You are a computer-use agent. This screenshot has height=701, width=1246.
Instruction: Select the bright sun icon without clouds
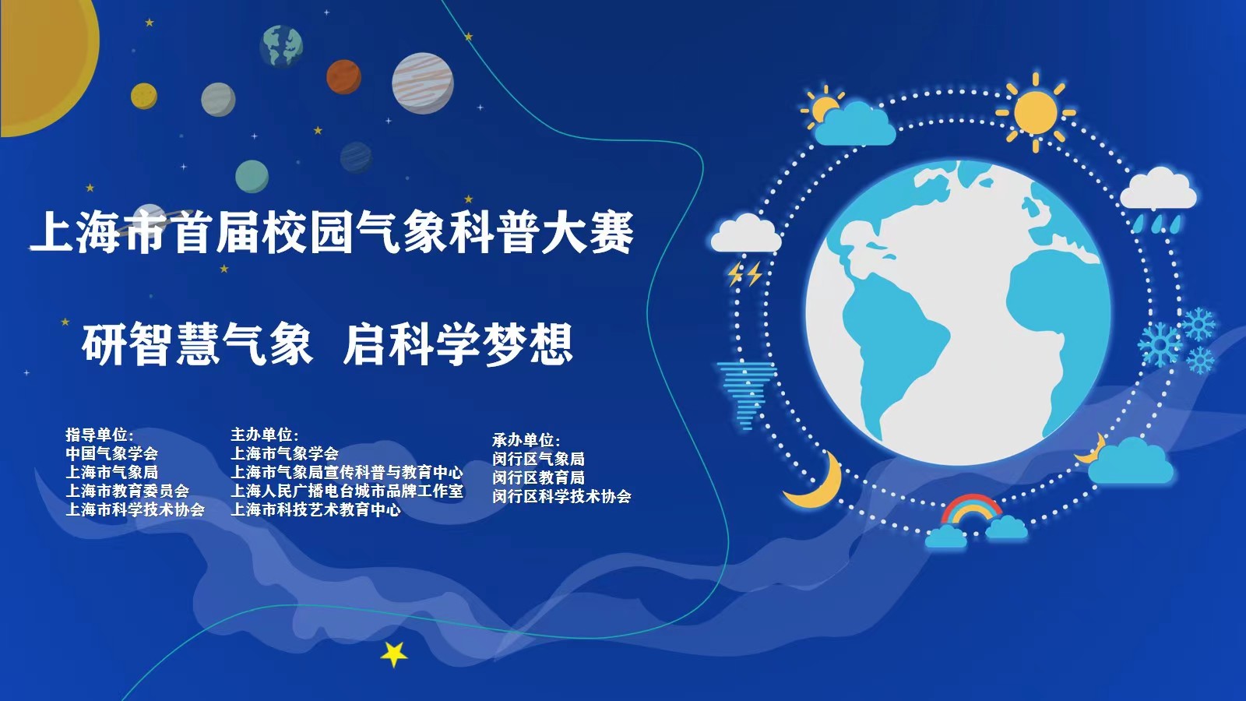[1035, 111]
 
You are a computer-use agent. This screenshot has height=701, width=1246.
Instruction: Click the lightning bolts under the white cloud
[744, 274]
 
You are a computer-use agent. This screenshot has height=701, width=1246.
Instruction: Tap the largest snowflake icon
[1160, 343]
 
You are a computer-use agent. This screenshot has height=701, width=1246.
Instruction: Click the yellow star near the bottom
[394, 653]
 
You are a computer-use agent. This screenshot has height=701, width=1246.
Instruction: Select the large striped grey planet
[423, 83]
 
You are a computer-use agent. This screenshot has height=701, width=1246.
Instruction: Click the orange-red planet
[343, 76]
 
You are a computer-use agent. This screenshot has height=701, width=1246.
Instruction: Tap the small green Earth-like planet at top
[281, 44]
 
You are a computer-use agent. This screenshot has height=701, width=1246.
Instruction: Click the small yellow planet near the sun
[144, 96]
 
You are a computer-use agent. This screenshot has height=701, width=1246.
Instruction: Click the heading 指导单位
[99, 435]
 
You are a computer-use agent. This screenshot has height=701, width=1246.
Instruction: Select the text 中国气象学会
[111, 453]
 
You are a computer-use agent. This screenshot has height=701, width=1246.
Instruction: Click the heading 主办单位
[264, 435]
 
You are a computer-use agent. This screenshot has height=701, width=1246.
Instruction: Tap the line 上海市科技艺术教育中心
[315, 509]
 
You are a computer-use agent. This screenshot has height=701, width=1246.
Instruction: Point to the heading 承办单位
[526, 440]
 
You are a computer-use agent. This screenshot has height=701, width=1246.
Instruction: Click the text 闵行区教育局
[538, 477]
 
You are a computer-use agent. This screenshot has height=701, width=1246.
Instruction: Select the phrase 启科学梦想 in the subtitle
[458, 344]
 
